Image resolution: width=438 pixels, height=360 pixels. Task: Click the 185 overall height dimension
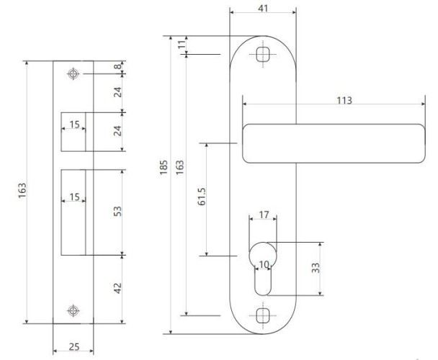(x=164, y=168)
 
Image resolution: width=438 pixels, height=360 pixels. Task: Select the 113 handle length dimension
(x=344, y=100)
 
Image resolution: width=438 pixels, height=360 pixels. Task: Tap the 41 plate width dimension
(x=263, y=9)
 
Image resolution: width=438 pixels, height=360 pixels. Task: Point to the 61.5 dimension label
(x=202, y=197)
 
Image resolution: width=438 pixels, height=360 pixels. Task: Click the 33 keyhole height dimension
(x=316, y=268)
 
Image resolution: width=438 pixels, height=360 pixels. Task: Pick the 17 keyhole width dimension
(x=264, y=215)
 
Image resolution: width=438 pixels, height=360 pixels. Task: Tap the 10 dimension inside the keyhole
(x=264, y=264)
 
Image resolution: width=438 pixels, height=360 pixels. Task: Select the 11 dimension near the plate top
(x=182, y=44)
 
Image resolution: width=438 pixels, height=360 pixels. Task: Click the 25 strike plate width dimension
(x=74, y=347)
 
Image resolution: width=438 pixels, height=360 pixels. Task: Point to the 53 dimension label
(x=118, y=211)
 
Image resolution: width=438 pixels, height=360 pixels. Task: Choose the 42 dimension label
(x=118, y=288)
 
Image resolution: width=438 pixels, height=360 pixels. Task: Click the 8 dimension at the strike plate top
(x=118, y=66)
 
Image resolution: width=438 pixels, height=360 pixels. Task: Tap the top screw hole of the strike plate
(x=73, y=73)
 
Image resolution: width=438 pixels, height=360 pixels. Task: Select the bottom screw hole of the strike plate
(x=73, y=310)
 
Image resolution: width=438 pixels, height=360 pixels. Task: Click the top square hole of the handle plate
(x=263, y=54)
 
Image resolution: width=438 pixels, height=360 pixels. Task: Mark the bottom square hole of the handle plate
(x=263, y=315)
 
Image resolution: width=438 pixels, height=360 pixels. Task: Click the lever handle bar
(x=334, y=143)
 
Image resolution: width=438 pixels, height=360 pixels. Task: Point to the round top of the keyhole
(x=263, y=243)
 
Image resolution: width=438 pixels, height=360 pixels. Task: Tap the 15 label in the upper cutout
(x=74, y=125)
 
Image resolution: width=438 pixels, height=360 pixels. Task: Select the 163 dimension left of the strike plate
(x=22, y=191)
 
